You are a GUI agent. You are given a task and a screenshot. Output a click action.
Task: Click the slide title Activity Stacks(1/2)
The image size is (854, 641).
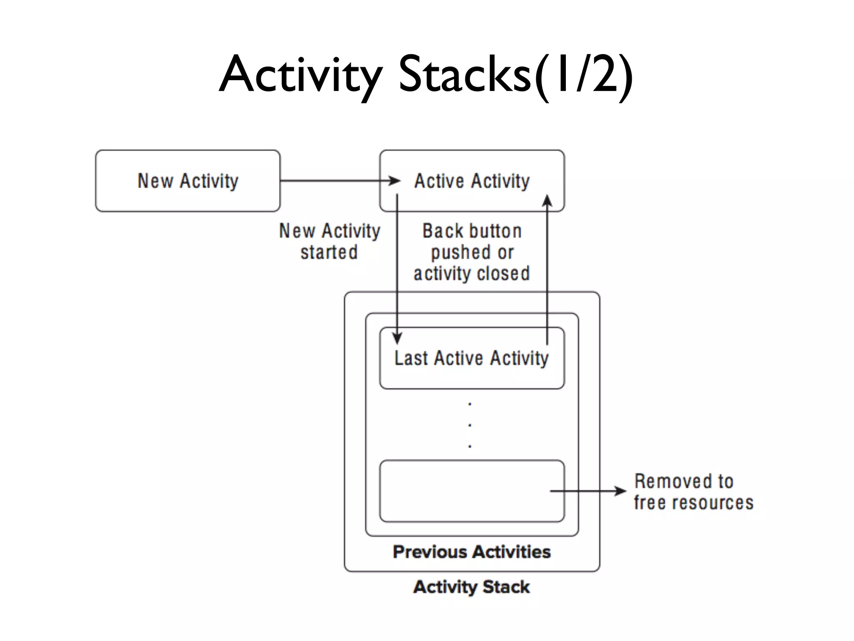[426, 75]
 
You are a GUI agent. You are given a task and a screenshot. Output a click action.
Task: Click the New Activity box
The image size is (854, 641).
[188, 181]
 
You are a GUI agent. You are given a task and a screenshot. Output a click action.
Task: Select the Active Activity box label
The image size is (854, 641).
[472, 181]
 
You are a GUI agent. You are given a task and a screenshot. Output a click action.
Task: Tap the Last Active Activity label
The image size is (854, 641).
[472, 358]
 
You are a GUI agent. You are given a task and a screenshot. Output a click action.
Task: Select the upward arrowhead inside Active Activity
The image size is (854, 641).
[547, 201]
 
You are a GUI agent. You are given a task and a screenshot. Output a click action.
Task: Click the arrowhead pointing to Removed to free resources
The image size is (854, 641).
[620, 491]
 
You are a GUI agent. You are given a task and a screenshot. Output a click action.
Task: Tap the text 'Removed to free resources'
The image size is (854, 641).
[693, 492]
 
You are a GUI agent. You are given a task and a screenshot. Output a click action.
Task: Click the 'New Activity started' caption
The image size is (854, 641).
[329, 241]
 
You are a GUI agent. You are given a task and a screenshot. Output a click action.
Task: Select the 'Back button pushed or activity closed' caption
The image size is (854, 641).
[472, 252]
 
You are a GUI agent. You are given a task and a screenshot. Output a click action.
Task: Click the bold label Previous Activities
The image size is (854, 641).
[472, 552]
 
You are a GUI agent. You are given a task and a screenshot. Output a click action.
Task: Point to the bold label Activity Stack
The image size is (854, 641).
[472, 587]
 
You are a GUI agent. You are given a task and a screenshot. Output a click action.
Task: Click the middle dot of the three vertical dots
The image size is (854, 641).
[470, 425]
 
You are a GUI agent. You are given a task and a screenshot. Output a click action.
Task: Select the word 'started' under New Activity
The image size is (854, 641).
[329, 252]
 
